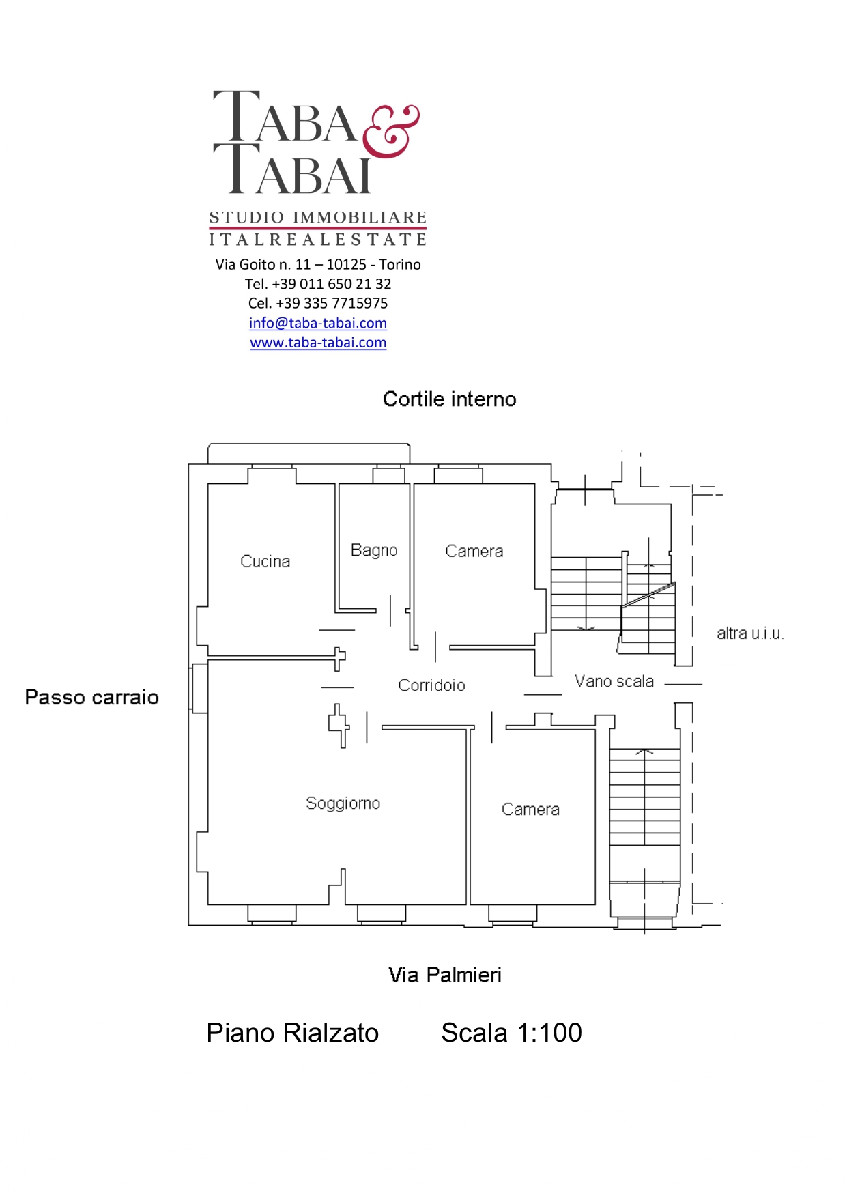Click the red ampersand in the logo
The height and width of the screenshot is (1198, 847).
coord(390,131)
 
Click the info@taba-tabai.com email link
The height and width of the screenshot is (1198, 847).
coord(318,323)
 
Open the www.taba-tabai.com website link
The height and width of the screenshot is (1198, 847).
coord(318,343)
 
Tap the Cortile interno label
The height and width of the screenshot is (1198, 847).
coord(449,399)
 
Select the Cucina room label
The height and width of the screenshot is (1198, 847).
coord(265,561)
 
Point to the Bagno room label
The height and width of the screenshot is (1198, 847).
coord(374,550)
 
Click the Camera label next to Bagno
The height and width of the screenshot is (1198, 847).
coord(474,551)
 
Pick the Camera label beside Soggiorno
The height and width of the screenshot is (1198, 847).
coord(530,809)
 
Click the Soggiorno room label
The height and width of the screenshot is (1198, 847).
coord(343,803)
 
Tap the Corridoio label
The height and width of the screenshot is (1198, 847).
coord(431,685)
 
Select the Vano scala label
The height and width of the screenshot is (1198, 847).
coord(614,681)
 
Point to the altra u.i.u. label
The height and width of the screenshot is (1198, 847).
coord(750,633)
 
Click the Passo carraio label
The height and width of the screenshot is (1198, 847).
coord(92,697)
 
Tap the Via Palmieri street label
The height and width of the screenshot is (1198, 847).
coord(445,975)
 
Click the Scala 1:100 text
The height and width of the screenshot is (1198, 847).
coord(511,1033)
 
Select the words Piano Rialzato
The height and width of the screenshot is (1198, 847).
coord(293,1033)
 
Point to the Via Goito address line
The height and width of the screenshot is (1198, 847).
coord(318,264)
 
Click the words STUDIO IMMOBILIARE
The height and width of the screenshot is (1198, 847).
coord(318,218)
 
